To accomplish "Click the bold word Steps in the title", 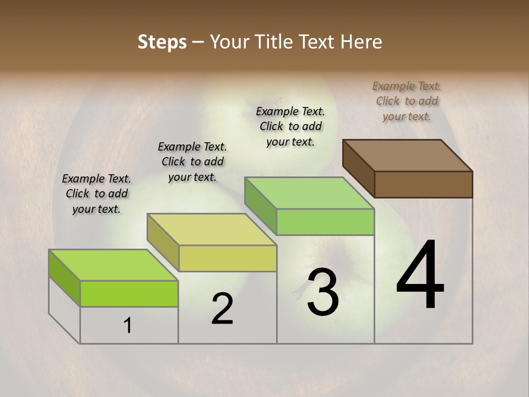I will (162, 42).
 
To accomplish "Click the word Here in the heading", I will (362, 42).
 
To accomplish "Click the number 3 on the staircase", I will (322, 292).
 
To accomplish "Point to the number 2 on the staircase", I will (222, 309).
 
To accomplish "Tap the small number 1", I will (128, 326).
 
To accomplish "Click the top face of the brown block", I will (408, 155).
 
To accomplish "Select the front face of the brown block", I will (423, 184).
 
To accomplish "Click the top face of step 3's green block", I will (310, 193).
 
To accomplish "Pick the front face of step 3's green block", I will (325, 222).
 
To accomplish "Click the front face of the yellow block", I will (228, 258).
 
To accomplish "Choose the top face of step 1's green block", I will (114, 265).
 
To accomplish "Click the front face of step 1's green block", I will (129, 293).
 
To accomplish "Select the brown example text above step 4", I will (407, 101).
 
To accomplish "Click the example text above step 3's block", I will (290, 126).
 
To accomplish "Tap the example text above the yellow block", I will (192, 162).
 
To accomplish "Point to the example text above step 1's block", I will (96, 194).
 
